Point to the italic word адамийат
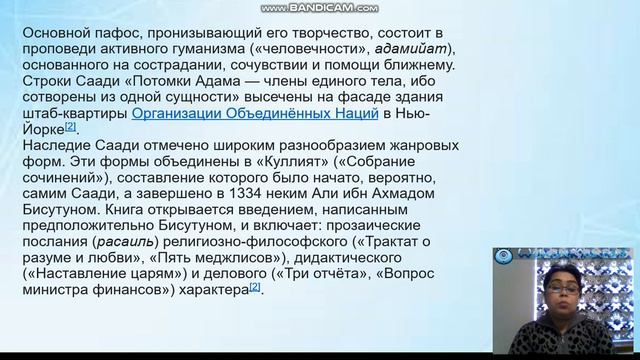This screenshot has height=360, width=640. coord(418,49)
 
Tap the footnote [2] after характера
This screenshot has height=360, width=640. coord(254,286)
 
